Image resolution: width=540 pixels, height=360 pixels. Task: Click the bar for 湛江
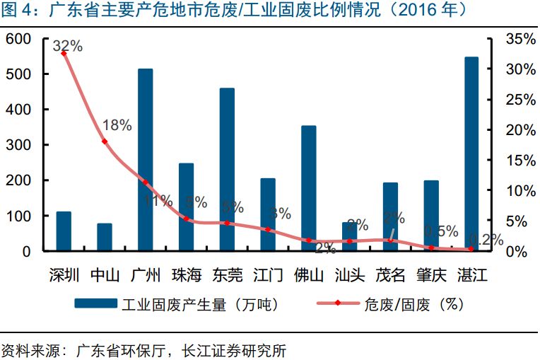471,153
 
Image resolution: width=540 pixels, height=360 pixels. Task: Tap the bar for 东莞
227,169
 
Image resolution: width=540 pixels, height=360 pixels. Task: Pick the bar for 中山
105,237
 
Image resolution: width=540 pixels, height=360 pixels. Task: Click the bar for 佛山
308,188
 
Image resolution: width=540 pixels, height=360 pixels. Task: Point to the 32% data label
68,47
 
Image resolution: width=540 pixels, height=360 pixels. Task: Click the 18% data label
117,126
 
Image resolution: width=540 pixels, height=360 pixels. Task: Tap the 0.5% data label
441,231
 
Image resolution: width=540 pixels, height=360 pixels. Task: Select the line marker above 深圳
64,53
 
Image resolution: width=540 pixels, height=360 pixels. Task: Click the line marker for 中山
105,141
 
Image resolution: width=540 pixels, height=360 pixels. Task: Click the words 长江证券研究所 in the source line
234,349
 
